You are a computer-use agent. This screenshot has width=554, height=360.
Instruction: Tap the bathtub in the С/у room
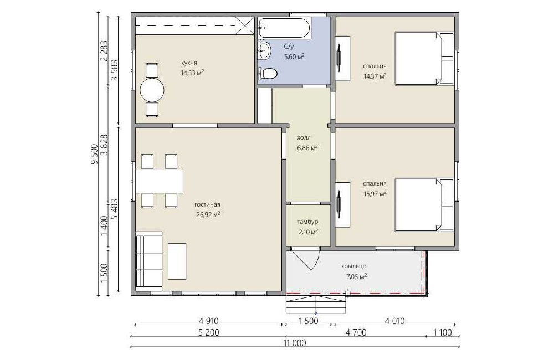[284, 28]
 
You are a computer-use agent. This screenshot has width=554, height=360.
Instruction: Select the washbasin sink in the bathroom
[264, 50]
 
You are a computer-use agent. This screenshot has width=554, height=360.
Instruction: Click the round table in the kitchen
[152, 90]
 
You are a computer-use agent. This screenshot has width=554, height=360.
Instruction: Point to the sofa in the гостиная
[148, 261]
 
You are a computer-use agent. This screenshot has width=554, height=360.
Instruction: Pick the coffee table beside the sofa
[177, 261]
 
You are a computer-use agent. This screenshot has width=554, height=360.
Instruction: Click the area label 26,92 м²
[208, 214]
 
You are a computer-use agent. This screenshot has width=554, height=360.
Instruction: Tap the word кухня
[189, 63]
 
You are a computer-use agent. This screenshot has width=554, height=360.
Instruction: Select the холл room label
[304, 138]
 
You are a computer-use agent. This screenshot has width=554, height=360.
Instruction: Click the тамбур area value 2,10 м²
[307, 232]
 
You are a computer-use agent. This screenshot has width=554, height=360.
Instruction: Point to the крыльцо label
[353, 266]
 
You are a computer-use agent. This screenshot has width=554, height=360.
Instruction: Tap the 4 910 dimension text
[208, 321]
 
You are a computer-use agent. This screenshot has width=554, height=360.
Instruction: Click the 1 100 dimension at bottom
[442, 332]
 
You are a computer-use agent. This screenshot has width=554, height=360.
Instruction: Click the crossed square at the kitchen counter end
[245, 25]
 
